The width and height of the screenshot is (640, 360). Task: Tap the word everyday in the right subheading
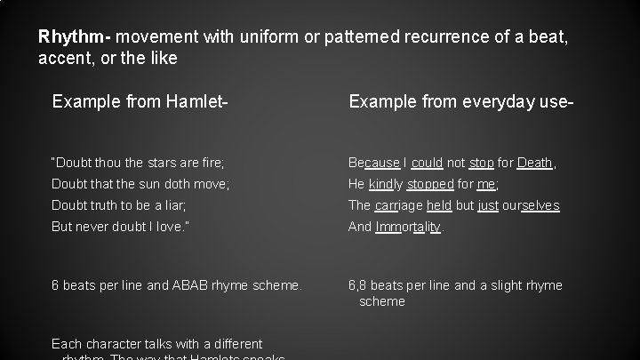click(x=494, y=102)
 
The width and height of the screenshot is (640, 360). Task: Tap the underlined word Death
click(x=535, y=163)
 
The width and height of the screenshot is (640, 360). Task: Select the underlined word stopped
click(x=429, y=184)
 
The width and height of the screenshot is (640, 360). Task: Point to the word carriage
click(x=398, y=205)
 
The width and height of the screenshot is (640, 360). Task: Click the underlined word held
click(x=439, y=205)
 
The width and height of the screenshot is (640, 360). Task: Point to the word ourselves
click(x=531, y=205)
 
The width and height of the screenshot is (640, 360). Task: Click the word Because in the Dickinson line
click(x=374, y=163)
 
